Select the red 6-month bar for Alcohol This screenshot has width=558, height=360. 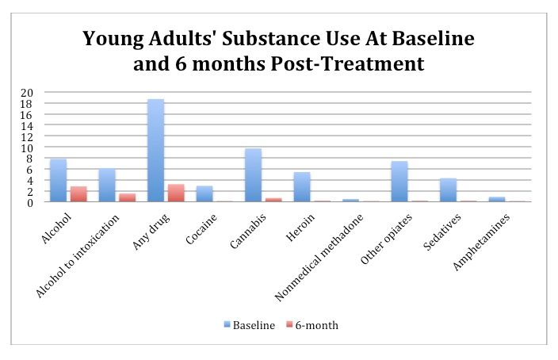tap(78, 194)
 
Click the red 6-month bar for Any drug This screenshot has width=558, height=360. tap(176, 193)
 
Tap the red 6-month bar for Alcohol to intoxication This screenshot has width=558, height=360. tap(128, 197)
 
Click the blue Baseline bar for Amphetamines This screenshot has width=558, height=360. tap(496, 200)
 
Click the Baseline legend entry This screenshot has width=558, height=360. tap(250, 325)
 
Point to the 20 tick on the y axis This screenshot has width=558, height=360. tap(27, 93)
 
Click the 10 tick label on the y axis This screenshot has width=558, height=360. tap(27, 147)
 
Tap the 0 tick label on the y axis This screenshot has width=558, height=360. tap(29, 202)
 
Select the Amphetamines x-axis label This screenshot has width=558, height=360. tap(486, 235)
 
